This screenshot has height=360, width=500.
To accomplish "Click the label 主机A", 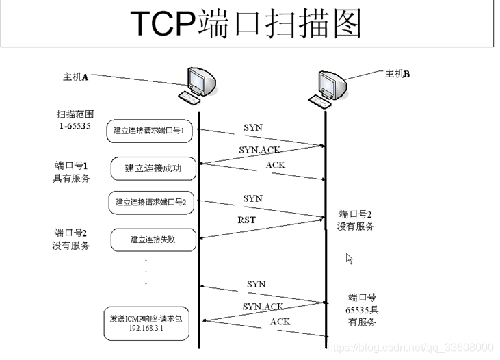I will coord(76,77).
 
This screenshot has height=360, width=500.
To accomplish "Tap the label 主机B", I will coord(397,74).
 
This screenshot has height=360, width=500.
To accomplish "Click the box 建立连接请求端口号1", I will coord(149,131).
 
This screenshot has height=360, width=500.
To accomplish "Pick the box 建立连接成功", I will coord(153,168).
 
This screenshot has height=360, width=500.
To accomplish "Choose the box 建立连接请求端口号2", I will coord(151,202).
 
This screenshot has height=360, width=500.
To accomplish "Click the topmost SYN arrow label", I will coord(252,127).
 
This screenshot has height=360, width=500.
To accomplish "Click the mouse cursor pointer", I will coord(349,258).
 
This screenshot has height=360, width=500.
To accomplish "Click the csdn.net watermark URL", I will coord(410,348).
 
